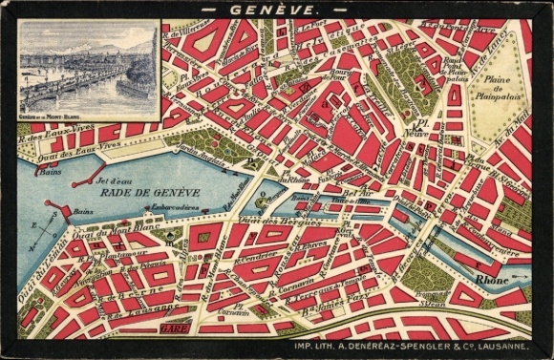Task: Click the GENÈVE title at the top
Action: (x=276, y=11)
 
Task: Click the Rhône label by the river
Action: (x=493, y=279)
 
